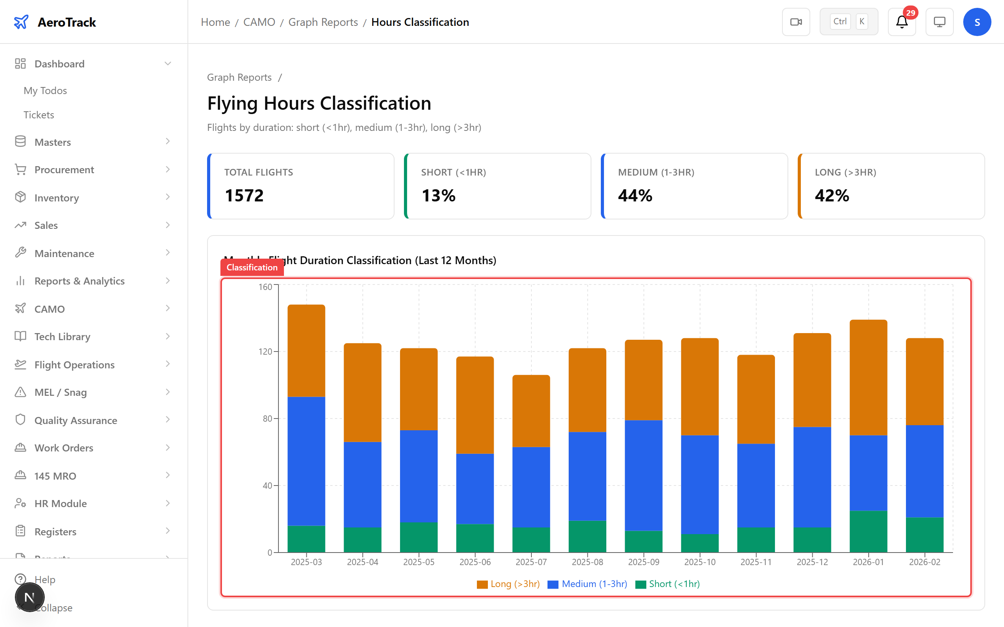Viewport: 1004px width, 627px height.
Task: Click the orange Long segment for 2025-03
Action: click(x=306, y=351)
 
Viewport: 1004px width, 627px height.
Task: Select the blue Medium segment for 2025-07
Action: click(x=531, y=487)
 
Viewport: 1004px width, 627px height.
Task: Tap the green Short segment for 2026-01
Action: click(x=868, y=531)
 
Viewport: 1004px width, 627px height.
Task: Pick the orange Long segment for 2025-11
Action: click(x=756, y=399)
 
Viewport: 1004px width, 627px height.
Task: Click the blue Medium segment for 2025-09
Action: click(x=644, y=475)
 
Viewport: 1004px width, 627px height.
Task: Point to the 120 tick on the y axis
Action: click(x=265, y=352)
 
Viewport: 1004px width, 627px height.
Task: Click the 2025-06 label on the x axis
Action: click(x=475, y=562)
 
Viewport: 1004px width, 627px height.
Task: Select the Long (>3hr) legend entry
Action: click(x=508, y=584)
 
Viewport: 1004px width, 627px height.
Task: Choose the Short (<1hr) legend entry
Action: click(x=668, y=584)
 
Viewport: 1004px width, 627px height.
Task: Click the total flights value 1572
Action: click(x=244, y=196)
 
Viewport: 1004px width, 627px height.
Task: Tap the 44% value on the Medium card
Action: click(x=635, y=196)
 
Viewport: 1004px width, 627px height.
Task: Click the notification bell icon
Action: click(x=902, y=22)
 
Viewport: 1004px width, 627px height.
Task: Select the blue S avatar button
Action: click(x=977, y=22)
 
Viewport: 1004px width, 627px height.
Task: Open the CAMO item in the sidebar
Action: click(x=50, y=309)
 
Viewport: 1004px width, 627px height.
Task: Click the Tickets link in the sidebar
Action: click(x=38, y=115)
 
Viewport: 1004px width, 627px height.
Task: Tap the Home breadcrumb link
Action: click(x=215, y=22)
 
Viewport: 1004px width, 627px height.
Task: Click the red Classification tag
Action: click(x=252, y=268)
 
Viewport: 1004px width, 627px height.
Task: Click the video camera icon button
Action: click(x=796, y=22)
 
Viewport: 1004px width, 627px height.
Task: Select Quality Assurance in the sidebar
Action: click(x=76, y=420)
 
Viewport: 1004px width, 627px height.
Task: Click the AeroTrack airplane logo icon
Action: click(x=21, y=22)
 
